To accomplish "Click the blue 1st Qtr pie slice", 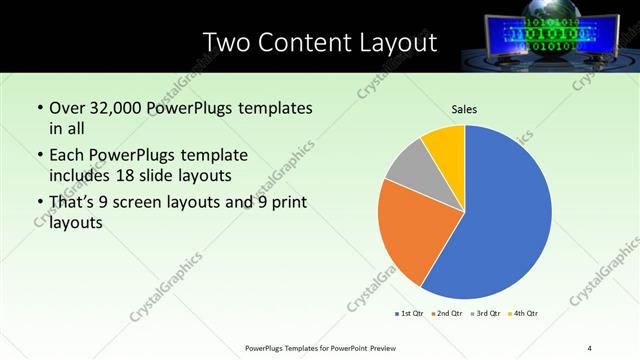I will tap(505, 220).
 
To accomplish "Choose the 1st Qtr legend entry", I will tap(407, 314).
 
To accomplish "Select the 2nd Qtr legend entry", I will tap(445, 314).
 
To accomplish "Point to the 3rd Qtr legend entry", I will tap(484, 314).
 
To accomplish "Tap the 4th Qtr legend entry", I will tap(523, 314).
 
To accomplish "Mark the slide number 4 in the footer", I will tap(589, 348).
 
